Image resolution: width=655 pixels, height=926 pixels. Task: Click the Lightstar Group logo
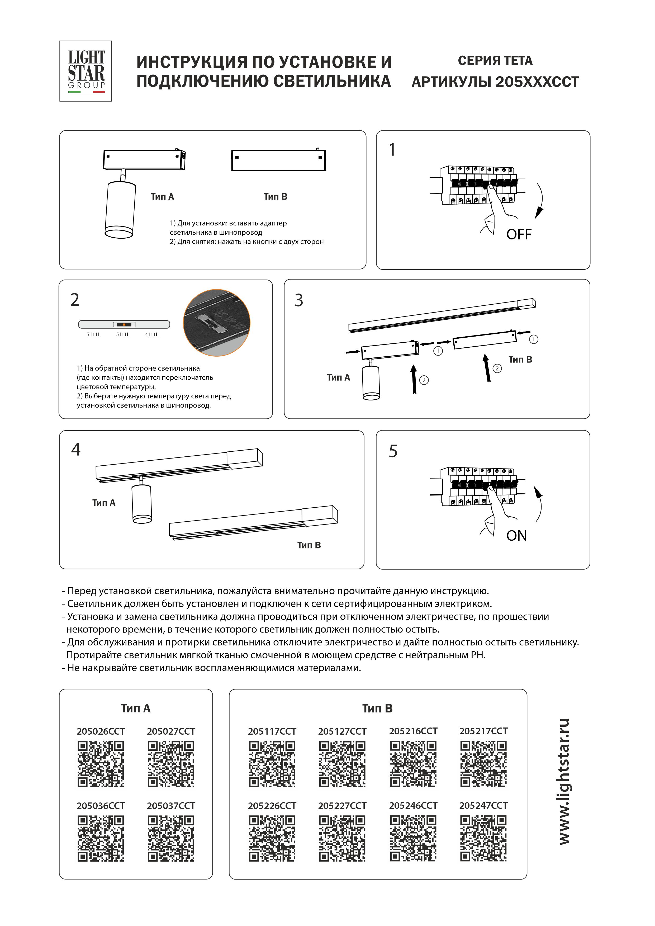(86, 71)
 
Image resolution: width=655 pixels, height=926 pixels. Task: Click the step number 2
(75, 300)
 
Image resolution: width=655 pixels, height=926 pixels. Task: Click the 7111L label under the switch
(94, 334)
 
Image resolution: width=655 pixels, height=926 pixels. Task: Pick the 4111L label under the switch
(152, 334)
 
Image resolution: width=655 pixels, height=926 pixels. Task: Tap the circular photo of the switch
(217, 323)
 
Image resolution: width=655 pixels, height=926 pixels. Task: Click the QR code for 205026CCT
(101, 764)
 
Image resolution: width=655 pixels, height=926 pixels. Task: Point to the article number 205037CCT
(171, 806)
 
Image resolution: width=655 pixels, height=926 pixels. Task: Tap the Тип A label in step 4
(104, 503)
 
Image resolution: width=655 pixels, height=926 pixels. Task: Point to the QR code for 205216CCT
(413, 764)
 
